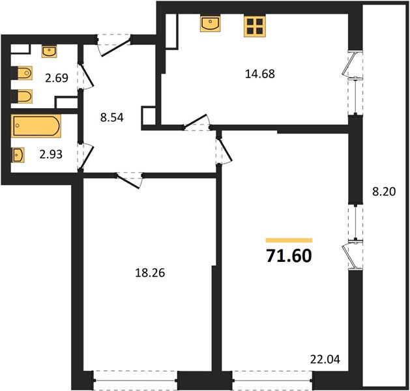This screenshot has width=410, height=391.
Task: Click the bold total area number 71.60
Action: coord(289,255)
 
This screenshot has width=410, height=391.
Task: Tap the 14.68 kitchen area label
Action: coord(260,74)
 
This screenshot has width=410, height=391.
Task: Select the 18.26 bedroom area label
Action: coord(150,273)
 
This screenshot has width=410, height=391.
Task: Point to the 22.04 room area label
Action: coord(325,359)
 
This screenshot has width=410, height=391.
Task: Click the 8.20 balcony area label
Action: coord(384,192)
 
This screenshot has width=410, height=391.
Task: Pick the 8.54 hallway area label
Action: coord(111,117)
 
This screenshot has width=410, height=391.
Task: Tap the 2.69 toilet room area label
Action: coord(57,78)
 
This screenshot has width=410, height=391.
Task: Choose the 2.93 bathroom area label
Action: coord(51,154)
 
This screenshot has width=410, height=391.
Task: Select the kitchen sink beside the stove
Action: coord(210,23)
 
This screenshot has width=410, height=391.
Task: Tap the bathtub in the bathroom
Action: coord(36,126)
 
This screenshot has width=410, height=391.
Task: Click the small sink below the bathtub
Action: coord(18,155)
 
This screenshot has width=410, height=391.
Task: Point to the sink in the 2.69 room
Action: coord(49,51)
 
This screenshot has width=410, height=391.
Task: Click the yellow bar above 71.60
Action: coord(289,240)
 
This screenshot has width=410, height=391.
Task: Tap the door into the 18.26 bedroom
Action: coord(129,181)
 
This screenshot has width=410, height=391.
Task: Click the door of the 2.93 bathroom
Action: coord(85,157)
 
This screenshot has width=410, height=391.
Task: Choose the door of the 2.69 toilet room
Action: coord(85,76)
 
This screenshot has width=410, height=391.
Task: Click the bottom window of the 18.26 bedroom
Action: coord(135,381)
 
